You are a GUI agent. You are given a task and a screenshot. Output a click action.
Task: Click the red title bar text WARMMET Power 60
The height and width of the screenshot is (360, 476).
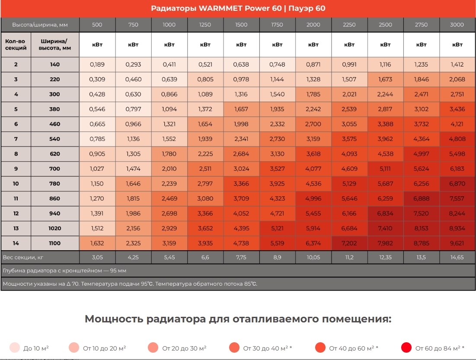238,8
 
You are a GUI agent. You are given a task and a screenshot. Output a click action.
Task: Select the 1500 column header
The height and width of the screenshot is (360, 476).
241,25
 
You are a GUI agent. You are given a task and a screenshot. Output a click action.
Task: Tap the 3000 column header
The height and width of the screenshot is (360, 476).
457,25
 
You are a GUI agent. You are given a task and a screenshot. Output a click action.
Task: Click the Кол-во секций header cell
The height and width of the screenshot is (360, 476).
16,45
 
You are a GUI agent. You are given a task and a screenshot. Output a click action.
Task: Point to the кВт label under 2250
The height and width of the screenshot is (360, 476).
349,45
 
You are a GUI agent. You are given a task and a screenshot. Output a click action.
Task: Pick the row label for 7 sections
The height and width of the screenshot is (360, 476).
16,139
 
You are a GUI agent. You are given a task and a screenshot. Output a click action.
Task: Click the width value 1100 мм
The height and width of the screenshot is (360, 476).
55,243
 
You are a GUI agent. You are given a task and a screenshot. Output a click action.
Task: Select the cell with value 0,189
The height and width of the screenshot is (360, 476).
97,64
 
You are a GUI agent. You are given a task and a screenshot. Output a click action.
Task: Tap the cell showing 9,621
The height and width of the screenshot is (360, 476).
457,243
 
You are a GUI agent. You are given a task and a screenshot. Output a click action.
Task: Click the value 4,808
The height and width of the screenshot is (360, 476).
457,139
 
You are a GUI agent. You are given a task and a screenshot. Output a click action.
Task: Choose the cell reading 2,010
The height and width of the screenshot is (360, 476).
169,169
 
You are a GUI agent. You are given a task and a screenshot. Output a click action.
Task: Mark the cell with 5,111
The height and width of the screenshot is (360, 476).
385,169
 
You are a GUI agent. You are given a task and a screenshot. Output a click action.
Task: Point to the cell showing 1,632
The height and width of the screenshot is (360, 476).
97,243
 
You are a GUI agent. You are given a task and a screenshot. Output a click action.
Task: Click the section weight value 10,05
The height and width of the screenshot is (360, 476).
313,257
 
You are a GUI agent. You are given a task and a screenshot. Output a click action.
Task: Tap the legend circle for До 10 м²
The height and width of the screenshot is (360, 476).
15,347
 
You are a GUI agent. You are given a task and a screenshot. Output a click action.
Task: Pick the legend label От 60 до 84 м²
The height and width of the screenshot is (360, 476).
440,348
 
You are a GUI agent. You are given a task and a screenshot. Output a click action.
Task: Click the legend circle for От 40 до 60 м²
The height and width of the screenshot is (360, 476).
320,347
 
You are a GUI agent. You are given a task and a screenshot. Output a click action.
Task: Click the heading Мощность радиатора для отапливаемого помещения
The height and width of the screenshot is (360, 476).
238,319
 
